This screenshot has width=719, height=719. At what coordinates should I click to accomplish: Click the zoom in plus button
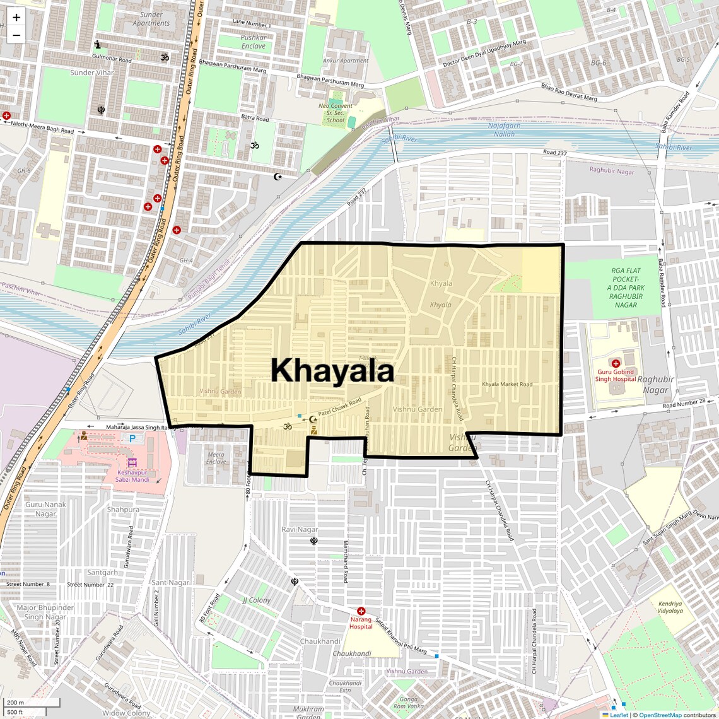[16, 18]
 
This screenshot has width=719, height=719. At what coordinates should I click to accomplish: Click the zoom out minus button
[16, 35]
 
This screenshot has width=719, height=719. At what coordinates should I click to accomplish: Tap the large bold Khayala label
[332, 371]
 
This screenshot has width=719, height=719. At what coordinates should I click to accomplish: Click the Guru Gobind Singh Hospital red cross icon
[616, 363]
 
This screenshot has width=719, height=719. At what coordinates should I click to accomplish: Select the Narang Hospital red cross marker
[361, 611]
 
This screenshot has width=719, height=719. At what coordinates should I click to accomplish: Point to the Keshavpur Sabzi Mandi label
[132, 476]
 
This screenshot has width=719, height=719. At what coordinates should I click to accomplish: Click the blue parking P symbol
[132, 438]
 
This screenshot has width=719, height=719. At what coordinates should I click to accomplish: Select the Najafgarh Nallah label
[505, 129]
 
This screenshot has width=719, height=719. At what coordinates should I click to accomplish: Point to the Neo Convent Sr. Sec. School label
[336, 113]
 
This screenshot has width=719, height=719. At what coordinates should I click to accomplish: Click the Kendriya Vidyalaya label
[670, 607]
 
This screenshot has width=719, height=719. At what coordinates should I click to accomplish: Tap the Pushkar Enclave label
[254, 42]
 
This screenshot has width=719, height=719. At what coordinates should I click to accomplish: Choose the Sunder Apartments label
[151, 19]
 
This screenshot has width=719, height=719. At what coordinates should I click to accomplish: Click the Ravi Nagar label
[300, 529]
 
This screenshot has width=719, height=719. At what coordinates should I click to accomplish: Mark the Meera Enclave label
[216, 458]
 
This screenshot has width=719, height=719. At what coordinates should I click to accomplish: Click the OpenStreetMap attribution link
[660, 715]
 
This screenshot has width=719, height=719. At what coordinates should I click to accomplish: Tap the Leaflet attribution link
[619, 715]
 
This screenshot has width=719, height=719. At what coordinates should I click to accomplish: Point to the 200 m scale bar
[32, 703]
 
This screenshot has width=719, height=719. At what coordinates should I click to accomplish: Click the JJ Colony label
[257, 600]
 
